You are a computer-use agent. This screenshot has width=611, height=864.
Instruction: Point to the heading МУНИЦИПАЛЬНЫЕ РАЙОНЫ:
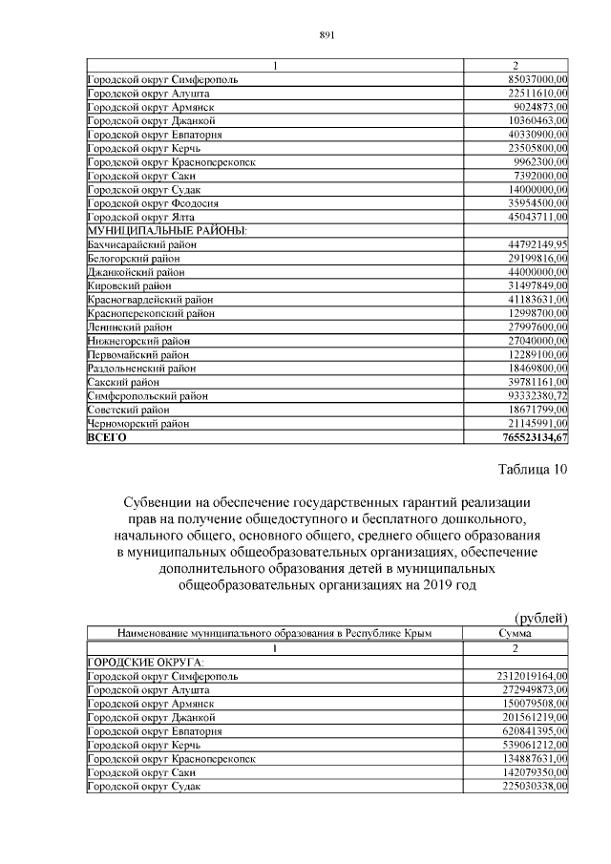[167, 231]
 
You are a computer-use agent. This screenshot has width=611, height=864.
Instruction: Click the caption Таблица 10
[533, 469]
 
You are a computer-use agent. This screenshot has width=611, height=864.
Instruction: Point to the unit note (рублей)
[541, 618]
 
